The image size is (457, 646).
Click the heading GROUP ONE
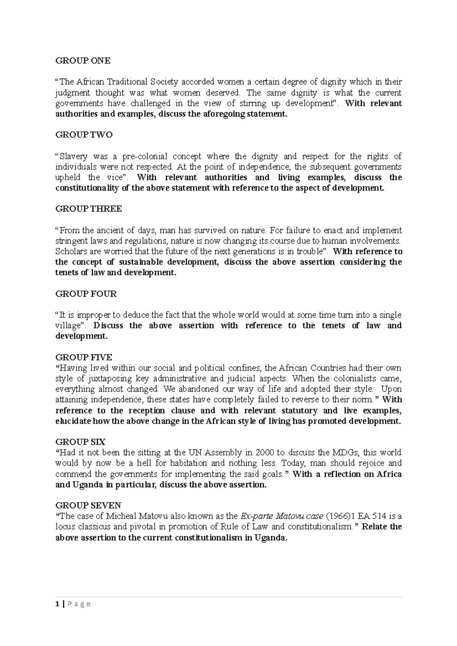coord(83,60)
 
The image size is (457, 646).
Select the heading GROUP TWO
coord(84,135)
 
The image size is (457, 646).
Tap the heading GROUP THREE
coord(89,209)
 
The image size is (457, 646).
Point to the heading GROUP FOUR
coord(86,294)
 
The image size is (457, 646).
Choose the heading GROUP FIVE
coord(84,357)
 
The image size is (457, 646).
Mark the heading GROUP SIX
coord(80,442)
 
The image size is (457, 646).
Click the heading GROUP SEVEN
coord(88,506)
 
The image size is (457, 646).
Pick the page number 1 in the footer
coord(57,604)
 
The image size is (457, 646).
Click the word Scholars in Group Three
coord(70,251)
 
